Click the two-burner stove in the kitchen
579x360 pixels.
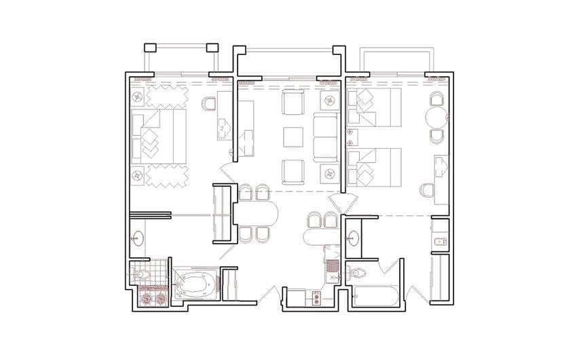click(316, 297)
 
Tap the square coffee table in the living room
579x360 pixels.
click(293, 136)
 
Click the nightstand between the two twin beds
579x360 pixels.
click(351, 137)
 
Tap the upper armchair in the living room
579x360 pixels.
click(293, 104)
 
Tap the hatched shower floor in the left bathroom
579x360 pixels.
click(153, 297)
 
